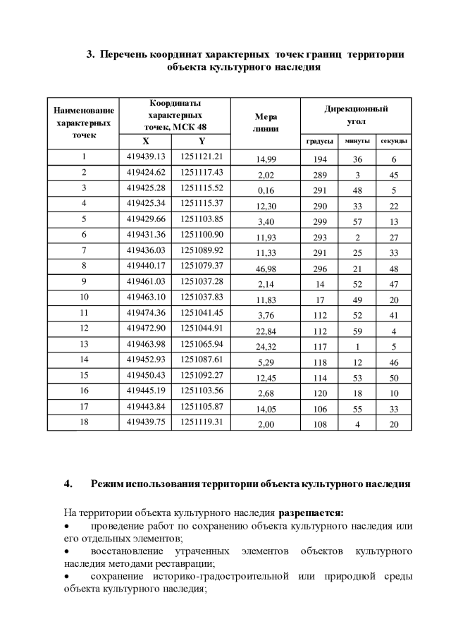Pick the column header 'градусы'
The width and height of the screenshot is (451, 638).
pos(319,142)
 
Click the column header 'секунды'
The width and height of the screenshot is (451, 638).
pos(395,142)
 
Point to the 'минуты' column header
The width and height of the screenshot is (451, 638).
pos(357,142)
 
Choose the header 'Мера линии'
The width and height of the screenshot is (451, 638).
pos(266,123)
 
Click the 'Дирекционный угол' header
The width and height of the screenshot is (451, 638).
pos(356,115)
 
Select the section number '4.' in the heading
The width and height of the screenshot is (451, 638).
pos(68,484)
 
